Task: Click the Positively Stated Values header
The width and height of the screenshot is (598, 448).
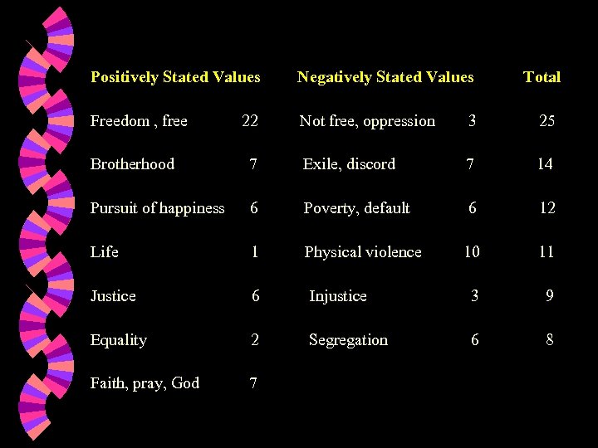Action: coord(175,77)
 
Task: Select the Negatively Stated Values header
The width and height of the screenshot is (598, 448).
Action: coord(385,77)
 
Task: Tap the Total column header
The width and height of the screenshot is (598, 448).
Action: coord(542,77)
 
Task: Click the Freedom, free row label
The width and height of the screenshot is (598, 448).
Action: coord(139,121)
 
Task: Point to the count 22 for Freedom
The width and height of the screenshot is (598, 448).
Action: coord(250,121)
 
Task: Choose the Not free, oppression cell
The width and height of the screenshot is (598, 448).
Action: coord(367,121)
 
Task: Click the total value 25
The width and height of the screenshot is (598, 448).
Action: coord(547,121)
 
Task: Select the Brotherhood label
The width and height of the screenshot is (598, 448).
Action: coord(132,164)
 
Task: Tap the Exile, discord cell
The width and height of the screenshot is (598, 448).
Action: coord(349,164)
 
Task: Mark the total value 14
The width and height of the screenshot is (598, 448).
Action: coord(545,164)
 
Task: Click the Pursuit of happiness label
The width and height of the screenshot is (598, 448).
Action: coord(157,208)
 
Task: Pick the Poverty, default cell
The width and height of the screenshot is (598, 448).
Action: coord(356,208)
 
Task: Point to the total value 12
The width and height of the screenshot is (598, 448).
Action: coord(547,208)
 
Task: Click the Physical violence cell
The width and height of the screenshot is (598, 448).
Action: coord(363,252)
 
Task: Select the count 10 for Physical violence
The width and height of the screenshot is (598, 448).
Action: coord(472,252)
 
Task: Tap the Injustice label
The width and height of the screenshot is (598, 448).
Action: coord(337,296)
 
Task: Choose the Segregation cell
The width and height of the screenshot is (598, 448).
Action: coord(348,340)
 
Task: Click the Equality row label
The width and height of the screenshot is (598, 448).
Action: coord(119,340)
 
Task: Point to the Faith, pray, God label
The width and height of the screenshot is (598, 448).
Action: coord(145,383)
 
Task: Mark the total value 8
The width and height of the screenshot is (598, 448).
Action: coord(550,340)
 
